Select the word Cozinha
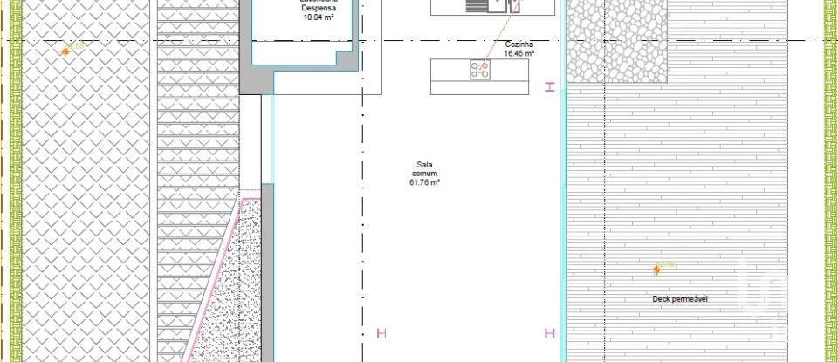tap(519, 44)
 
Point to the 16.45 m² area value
tap(519, 52)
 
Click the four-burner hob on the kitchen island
tap(480, 70)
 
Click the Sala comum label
tap(424, 168)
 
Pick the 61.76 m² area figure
tap(424, 182)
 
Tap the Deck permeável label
tap(680, 299)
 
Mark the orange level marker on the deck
tap(657, 270)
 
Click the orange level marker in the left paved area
tap(65, 51)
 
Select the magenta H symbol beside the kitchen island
tap(549, 86)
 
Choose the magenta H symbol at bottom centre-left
tap(380, 332)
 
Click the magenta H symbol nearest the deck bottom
tap(550, 332)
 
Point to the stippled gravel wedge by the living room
tap(231, 288)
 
